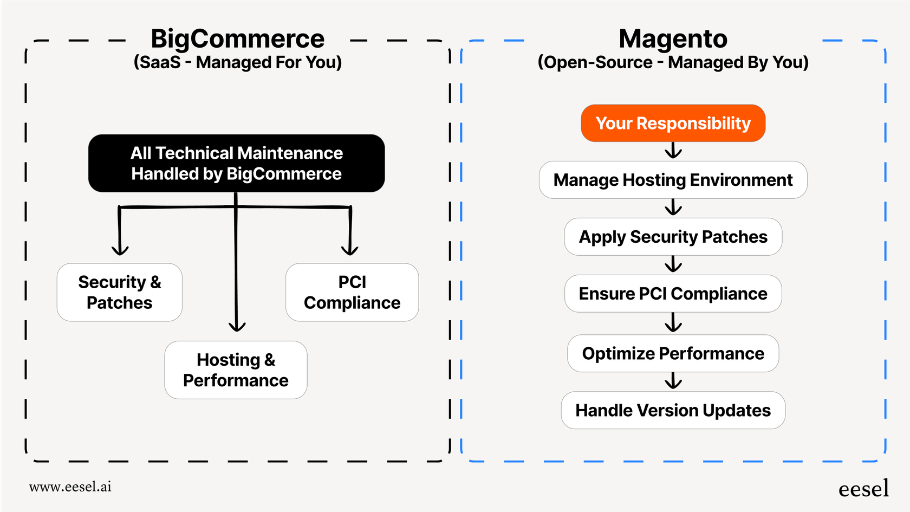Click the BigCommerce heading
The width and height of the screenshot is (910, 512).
pos(237,39)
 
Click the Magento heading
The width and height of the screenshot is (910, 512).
pos(673,39)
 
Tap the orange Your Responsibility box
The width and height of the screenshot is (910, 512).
pos(673,124)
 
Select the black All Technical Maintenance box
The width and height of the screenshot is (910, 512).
pos(237,163)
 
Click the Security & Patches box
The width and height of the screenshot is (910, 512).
pos(119,293)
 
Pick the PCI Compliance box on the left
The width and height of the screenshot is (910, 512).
pos(352,293)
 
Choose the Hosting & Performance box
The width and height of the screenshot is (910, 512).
pos(236,370)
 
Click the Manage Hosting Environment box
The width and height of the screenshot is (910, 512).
pos(673,180)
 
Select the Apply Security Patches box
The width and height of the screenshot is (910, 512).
pos(673,237)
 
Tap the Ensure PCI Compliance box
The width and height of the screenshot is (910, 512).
pos(673,294)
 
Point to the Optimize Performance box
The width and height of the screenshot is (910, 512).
pos(673,353)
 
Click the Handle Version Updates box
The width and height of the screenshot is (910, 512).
pos(673,410)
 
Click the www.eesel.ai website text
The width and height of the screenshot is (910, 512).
pos(70,487)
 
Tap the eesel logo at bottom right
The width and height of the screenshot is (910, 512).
pos(863,489)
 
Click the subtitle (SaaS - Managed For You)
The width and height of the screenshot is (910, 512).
pos(237,62)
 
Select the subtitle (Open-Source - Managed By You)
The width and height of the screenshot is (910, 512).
pos(673,62)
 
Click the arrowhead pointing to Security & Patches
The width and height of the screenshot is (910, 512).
pos(120,250)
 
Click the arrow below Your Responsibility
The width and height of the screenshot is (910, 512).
pos(673,151)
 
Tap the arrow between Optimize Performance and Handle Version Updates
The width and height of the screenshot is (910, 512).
pos(673,381)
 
